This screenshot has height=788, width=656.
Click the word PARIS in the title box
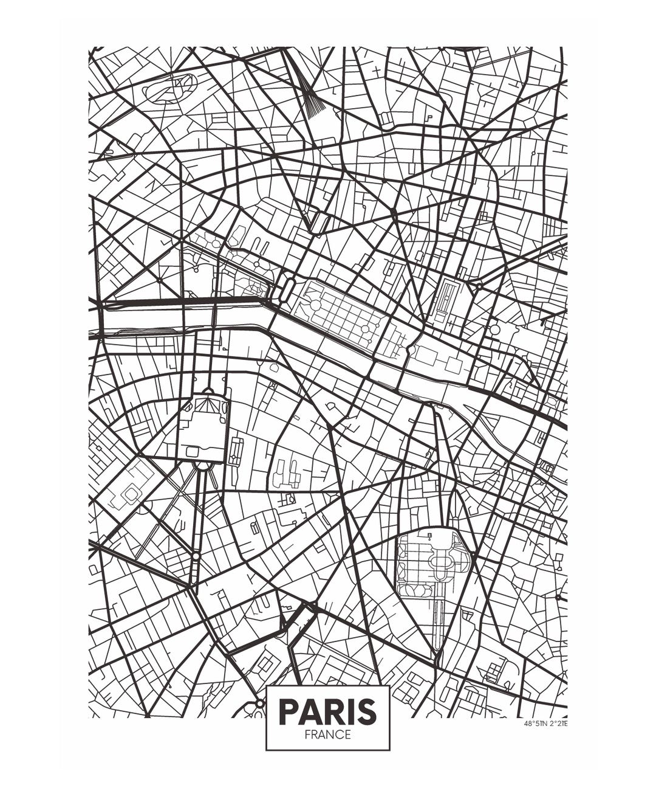327,711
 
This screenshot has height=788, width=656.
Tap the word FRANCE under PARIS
327,734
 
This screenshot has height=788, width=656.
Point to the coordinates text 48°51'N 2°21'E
545,724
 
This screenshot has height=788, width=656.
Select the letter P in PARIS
289,711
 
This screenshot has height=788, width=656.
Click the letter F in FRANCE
308,734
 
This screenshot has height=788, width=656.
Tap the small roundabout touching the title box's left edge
260,703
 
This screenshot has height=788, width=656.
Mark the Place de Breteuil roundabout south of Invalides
196,556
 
